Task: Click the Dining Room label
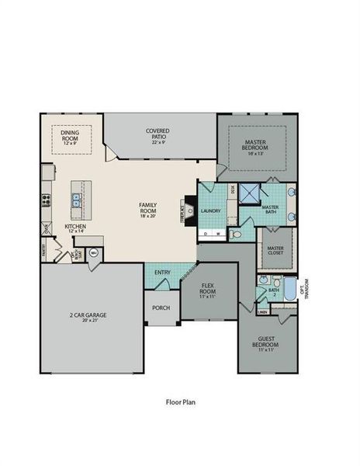pyautogui.click(x=75, y=136)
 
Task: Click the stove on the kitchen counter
pyautogui.click(x=47, y=198)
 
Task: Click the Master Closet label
pyautogui.click(x=275, y=249)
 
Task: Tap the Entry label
pyautogui.click(x=163, y=273)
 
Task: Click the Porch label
pyautogui.click(x=161, y=308)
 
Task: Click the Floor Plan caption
pyautogui.click(x=179, y=403)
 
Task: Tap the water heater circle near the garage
pyautogui.click(x=94, y=252)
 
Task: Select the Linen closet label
pyautogui.click(x=263, y=312)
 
